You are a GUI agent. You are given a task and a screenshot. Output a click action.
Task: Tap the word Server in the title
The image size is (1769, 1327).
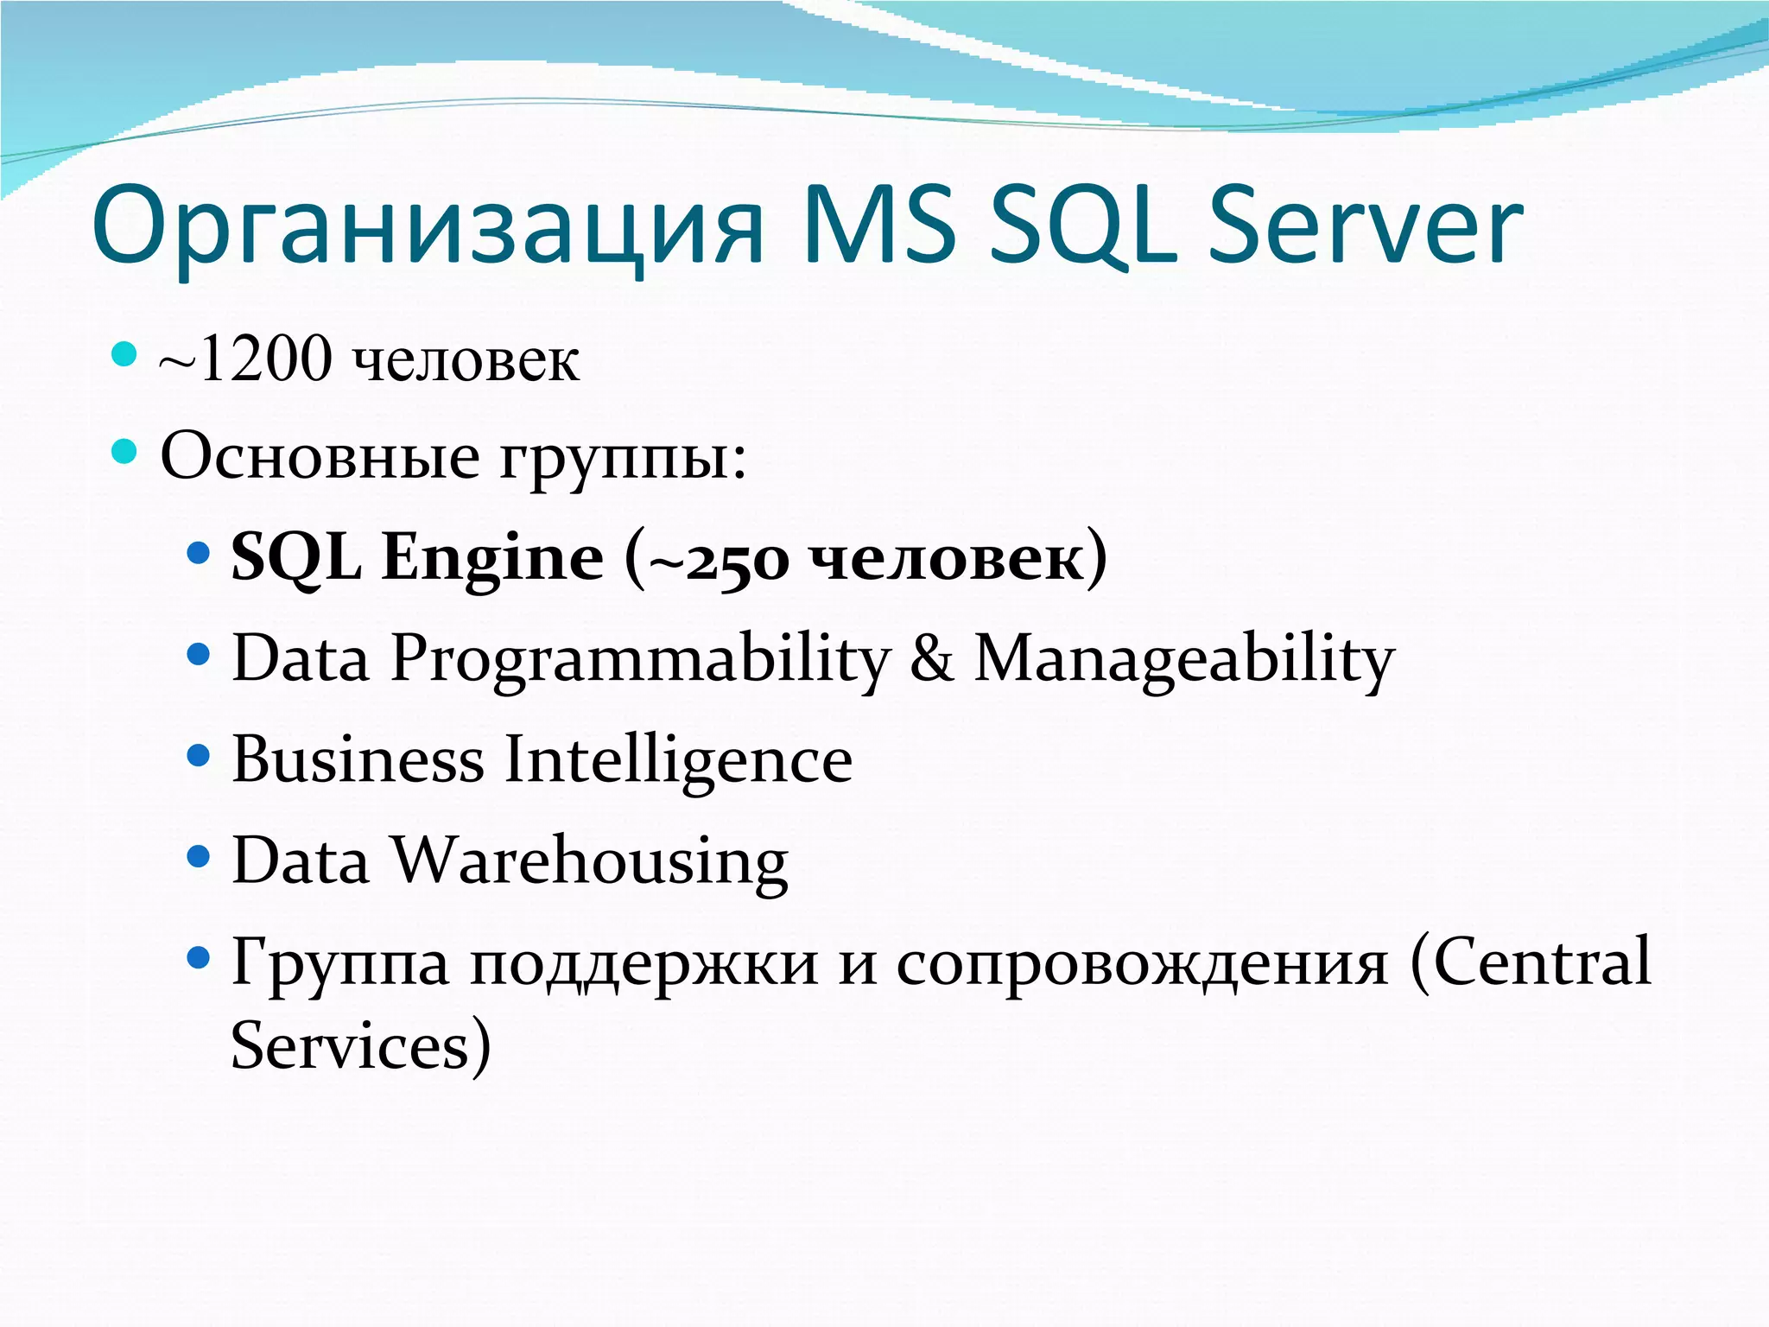[x=1365, y=226]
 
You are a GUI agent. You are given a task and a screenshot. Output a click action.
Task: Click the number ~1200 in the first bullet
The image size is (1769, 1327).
[x=246, y=359]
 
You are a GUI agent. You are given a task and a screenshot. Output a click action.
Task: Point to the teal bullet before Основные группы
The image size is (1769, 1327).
[x=125, y=451]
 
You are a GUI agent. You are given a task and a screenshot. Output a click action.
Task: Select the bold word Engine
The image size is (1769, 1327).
[x=492, y=557]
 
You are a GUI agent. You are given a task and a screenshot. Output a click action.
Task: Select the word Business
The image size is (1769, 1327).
[x=358, y=759]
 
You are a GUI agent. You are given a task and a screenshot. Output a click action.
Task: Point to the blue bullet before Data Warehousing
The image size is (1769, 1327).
[x=199, y=856]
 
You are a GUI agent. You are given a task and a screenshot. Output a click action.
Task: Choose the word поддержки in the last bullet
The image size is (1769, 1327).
[x=644, y=964]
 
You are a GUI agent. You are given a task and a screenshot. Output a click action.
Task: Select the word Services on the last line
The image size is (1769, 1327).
[x=350, y=1045]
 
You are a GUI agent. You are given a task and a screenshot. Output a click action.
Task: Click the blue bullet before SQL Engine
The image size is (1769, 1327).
[x=199, y=552]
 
